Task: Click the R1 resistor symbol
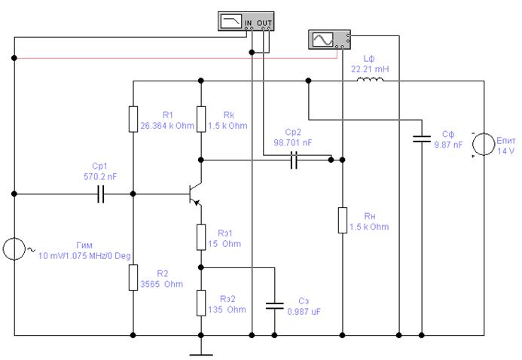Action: pyautogui.click(x=133, y=119)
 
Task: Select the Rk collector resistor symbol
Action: pyautogui.click(x=201, y=119)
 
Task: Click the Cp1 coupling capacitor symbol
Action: pyautogui.click(x=101, y=194)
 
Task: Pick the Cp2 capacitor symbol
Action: pyautogui.click(x=294, y=160)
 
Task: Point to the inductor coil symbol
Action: pyautogui.click(x=370, y=80)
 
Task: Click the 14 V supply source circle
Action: pyautogui.click(x=484, y=145)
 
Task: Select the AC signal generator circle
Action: pyautogui.click(x=14, y=249)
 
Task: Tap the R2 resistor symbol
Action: pyautogui.click(x=133, y=277)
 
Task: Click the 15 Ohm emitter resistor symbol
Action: pyautogui.click(x=201, y=237)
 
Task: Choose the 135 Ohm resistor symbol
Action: pyautogui.click(x=201, y=303)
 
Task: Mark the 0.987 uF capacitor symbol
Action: pyautogui.click(x=275, y=306)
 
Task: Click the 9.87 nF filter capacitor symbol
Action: pyautogui.click(x=422, y=139)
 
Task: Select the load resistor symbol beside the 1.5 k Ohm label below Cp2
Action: pyautogui.click(x=343, y=220)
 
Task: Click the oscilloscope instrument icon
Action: pyautogui.click(x=329, y=40)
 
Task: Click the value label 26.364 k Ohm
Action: pyautogui.click(x=167, y=126)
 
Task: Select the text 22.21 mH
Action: pyautogui.click(x=370, y=69)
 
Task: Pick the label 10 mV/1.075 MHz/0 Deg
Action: pyautogui.click(x=84, y=256)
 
